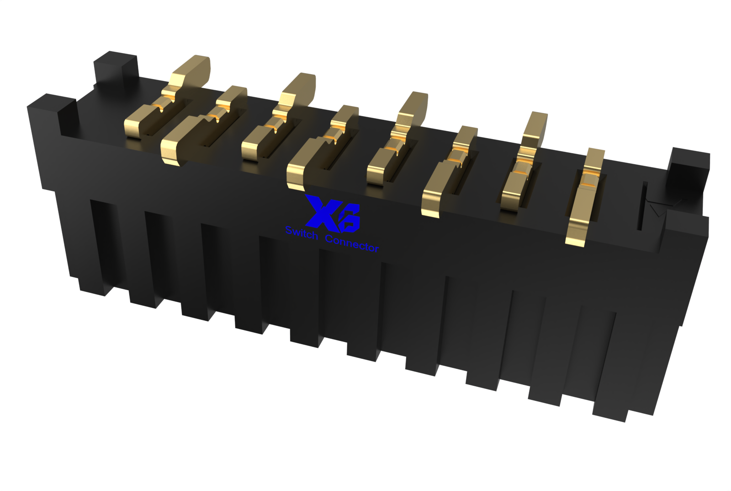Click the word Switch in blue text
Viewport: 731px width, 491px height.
tap(301, 233)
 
